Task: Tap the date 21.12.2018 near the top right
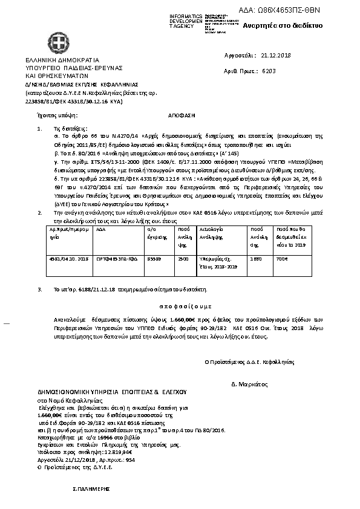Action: (x=276, y=56)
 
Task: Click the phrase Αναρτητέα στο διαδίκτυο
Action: (x=283, y=26)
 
